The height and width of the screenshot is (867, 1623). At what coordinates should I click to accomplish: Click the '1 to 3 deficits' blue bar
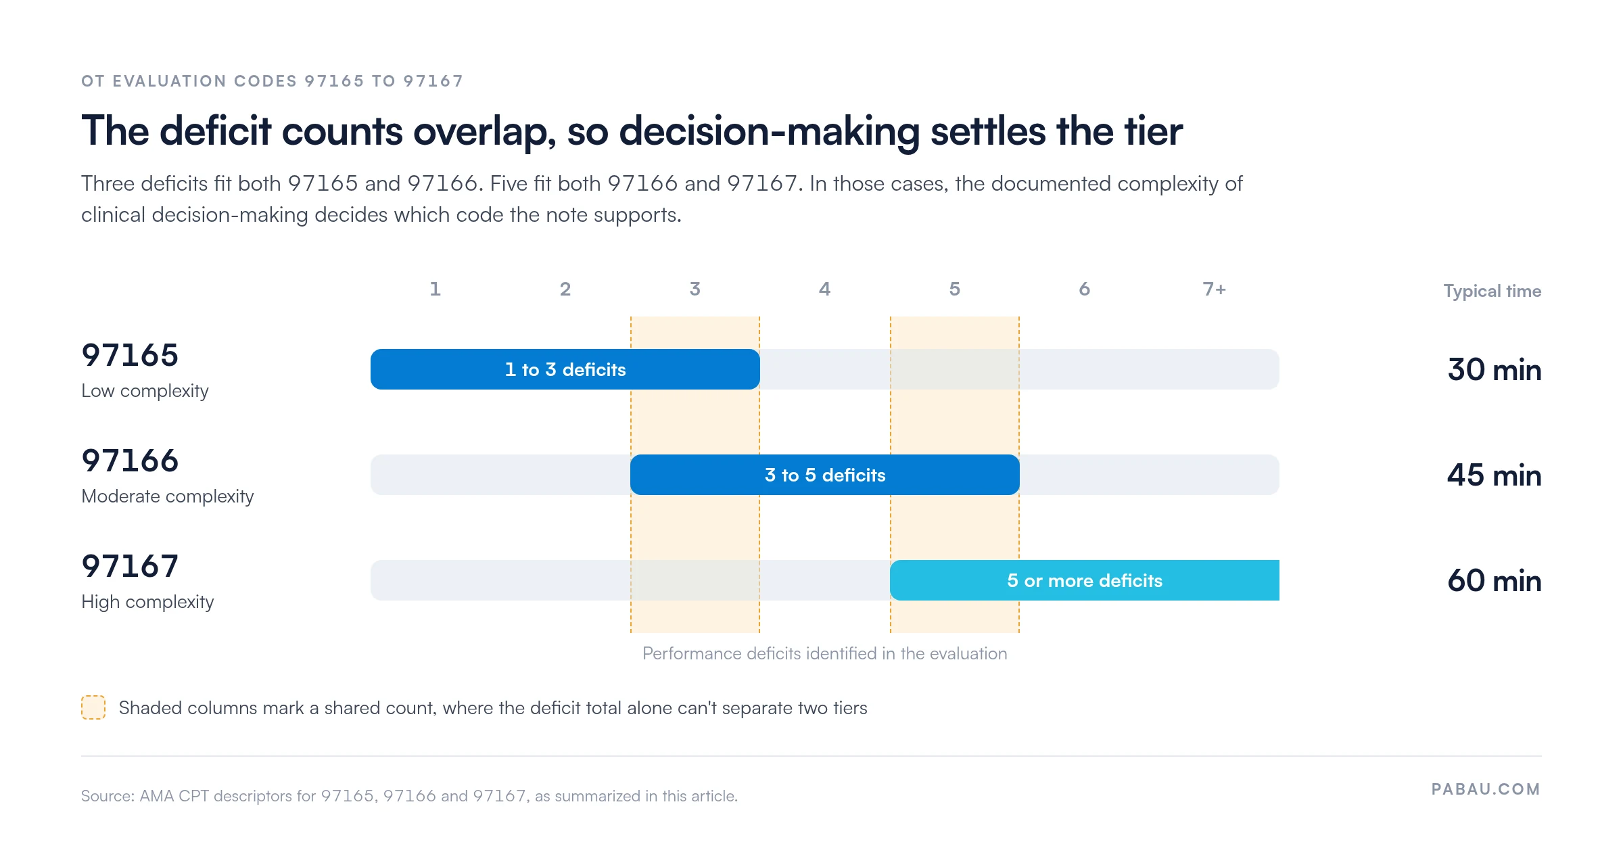click(x=565, y=369)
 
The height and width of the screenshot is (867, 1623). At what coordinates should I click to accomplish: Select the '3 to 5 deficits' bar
click(x=825, y=475)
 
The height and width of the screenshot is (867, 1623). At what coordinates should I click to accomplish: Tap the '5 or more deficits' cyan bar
click(x=1085, y=580)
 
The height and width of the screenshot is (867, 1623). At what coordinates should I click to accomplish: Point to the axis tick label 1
click(x=436, y=289)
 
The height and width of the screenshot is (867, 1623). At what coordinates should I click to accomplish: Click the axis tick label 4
click(x=825, y=289)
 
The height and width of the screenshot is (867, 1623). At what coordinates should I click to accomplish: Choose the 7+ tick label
click(x=1215, y=289)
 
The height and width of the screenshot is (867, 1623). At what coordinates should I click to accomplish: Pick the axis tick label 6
click(x=1085, y=289)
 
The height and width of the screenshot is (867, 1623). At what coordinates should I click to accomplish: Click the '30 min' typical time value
click(x=1495, y=370)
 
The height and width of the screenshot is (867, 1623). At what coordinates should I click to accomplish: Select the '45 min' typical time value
click(x=1495, y=475)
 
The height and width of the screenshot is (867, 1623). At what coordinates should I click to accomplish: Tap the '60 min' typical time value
click(x=1495, y=581)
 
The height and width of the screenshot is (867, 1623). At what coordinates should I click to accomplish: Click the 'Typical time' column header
click(x=1492, y=291)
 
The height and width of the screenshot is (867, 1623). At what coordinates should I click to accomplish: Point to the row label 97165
click(x=130, y=355)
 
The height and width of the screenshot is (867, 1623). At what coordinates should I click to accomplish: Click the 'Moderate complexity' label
click(x=168, y=496)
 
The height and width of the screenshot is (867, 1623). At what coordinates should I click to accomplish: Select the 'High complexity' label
click(x=147, y=602)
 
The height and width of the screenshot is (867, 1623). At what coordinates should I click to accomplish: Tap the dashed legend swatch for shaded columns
click(x=93, y=707)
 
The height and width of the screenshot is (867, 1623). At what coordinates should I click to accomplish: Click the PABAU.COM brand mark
click(x=1486, y=789)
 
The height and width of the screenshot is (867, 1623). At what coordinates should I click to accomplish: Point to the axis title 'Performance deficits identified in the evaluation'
click(x=825, y=653)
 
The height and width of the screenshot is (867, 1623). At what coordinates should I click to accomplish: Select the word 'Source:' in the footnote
click(x=108, y=796)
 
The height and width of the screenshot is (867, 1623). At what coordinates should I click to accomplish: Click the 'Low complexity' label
click(x=145, y=391)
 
